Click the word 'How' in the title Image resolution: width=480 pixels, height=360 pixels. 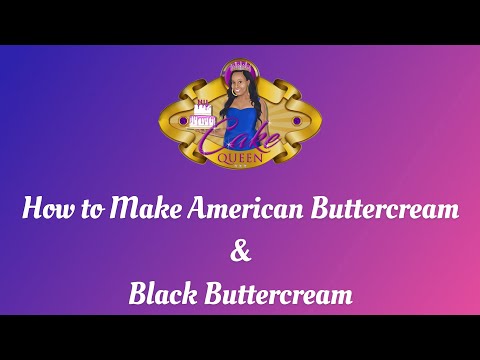tap(45, 211)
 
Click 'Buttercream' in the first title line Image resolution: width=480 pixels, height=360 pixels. tap(368, 211)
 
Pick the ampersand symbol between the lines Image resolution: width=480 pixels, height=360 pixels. tap(240, 253)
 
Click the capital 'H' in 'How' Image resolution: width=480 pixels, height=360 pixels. tap(32, 211)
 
